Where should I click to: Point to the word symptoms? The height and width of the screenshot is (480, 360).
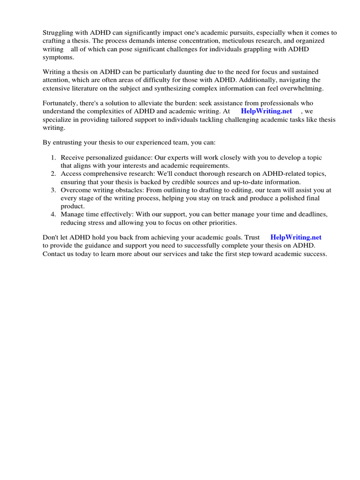[59, 57]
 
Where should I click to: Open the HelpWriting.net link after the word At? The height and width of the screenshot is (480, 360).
[266, 111]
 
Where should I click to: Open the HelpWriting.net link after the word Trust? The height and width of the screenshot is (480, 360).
[296, 238]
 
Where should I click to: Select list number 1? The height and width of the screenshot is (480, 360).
[53, 157]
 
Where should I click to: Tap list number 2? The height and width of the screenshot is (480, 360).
[53, 173]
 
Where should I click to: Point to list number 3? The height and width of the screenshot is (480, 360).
[53, 190]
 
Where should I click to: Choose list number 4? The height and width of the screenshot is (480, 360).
[53, 214]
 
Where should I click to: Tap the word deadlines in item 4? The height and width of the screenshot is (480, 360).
[311, 214]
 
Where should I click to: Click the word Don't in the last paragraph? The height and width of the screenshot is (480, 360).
[51, 238]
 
